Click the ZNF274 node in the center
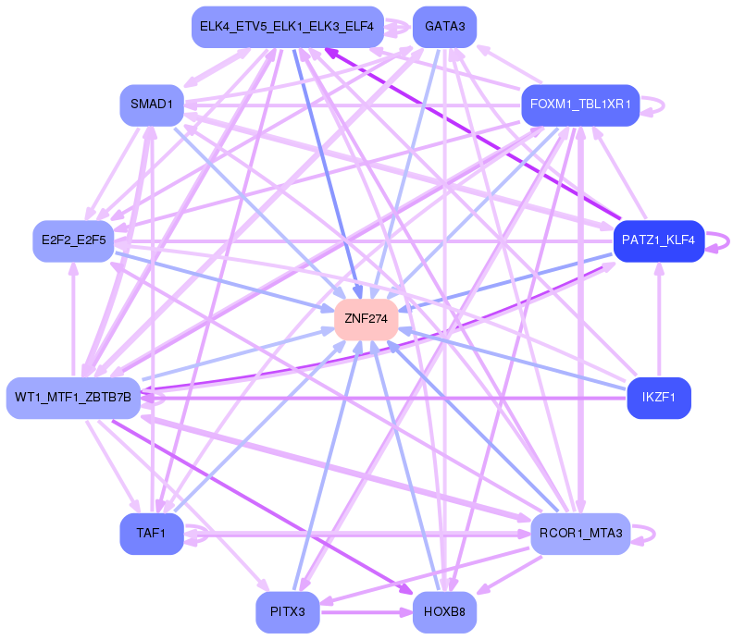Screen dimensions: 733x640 click(366, 319)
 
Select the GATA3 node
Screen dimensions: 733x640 click(444, 27)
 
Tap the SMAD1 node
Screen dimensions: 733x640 click(152, 105)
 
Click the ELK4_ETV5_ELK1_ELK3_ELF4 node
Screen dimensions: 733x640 click(288, 27)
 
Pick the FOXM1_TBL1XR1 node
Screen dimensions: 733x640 click(580, 105)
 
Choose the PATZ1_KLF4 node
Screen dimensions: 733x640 click(659, 241)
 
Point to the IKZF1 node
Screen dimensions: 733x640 click(659, 398)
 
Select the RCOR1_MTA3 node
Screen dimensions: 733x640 click(580, 534)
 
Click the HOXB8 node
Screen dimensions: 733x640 click(444, 612)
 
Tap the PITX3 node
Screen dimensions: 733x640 click(288, 612)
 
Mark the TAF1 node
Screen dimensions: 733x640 click(152, 534)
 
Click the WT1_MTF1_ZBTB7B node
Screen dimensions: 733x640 click(73, 398)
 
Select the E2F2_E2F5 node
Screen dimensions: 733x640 click(73, 241)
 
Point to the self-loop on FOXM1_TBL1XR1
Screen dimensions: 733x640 click(664, 105)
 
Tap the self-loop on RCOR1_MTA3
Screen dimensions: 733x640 click(654, 534)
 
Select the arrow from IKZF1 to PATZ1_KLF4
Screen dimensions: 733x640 click(659, 319)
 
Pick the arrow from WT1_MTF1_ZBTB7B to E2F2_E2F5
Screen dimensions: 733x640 click(73, 319)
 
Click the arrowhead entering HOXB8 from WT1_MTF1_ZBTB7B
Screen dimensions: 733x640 click(406, 589)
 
